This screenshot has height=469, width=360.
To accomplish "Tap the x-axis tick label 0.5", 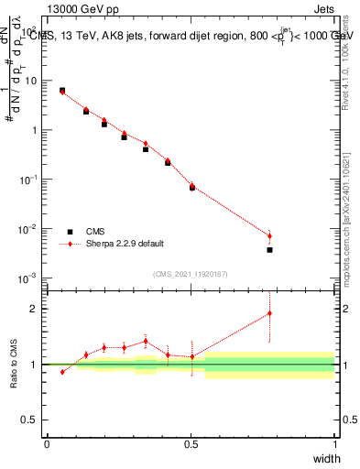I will tap(191, 443).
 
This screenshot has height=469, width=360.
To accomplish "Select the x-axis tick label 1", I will tap(334, 443).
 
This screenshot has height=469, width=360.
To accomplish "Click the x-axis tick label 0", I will tap(47, 443).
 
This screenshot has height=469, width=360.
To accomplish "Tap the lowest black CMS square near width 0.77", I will tap(269, 249).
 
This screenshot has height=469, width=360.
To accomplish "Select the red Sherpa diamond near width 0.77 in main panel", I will tap(269, 235).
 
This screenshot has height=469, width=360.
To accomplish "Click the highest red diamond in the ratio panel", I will tap(269, 313).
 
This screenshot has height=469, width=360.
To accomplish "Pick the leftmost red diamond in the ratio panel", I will tap(62, 372).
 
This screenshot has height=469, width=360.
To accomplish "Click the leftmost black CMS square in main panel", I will tap(62, 91).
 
